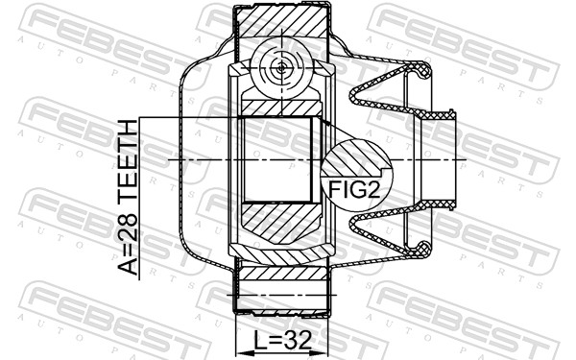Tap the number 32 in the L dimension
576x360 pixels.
(x=299, y=340)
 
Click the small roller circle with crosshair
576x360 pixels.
(x=281, y=68)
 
